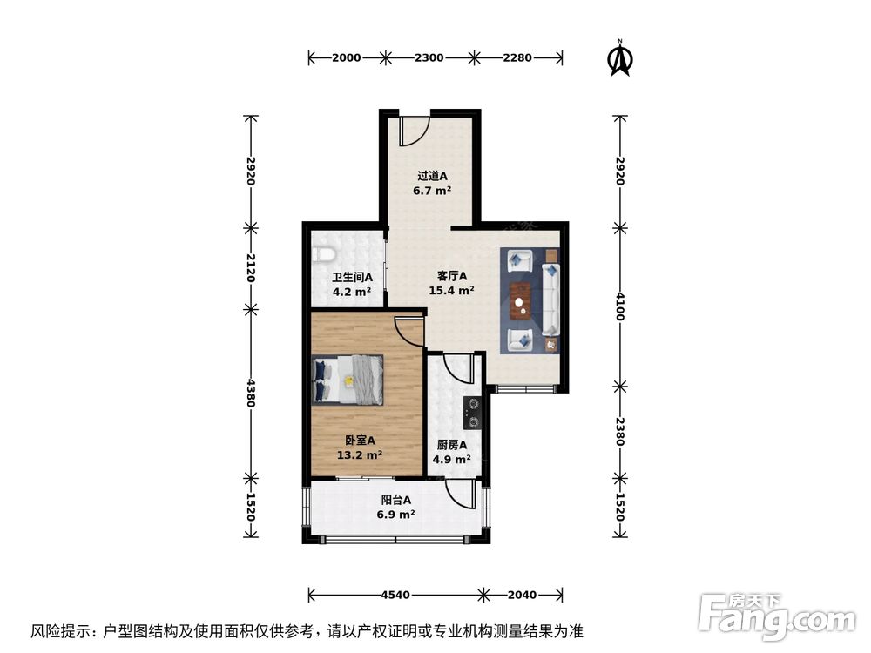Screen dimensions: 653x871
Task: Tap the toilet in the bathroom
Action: pos(323,254)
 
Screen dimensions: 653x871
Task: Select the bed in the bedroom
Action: pos(348,380)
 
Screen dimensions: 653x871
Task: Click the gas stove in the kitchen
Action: pos(473,413)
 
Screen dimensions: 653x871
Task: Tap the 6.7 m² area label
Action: pos(431,190)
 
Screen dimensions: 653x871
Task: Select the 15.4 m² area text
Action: pos(451,291)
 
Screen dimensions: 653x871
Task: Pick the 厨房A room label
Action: pos(452,444)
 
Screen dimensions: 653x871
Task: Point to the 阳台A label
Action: pos(395,500)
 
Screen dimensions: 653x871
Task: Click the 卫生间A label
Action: pos(352,279)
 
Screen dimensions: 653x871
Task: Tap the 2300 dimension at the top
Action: pos(429,58)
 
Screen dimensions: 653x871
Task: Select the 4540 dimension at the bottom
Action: pos(395,596)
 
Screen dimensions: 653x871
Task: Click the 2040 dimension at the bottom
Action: pos(523,596)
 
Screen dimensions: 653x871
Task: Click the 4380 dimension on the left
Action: pos(251,394)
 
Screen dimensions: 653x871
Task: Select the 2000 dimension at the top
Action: pos(346,58)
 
